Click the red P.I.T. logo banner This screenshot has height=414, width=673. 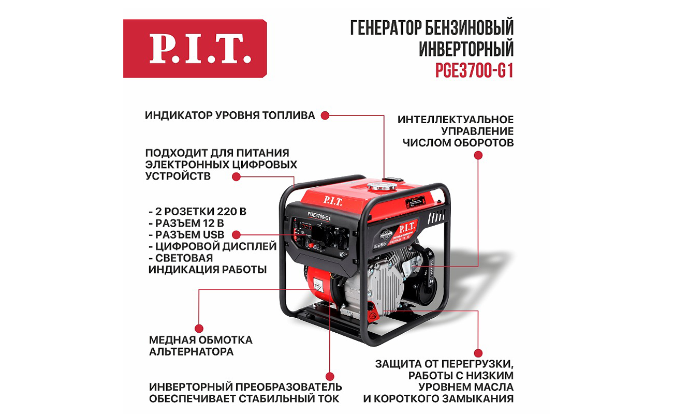click(195, 49)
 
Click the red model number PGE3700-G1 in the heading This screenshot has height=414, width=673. click(474, 71)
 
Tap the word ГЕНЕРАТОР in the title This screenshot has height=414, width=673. click(386, 27)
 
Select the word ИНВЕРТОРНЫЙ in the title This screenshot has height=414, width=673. click(466, 49)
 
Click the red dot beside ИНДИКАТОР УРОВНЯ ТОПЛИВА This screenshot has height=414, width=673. click(325, 115)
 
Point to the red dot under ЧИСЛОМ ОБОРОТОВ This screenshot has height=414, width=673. click(478, 155)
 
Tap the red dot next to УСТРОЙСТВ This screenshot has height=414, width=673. click(236, 176)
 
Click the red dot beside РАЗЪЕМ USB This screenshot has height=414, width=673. click(236, 234)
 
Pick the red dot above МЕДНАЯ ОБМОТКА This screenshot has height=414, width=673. click(199, 329)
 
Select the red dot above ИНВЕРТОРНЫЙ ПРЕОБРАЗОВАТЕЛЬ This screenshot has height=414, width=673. click(330, 376)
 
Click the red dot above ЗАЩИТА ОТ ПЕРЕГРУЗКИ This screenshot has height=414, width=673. click(478, 353)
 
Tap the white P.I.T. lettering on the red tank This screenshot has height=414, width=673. click(332, 201)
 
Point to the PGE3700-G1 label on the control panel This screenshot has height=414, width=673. click(319, 216)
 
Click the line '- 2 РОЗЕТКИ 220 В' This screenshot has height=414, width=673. click(197, 212)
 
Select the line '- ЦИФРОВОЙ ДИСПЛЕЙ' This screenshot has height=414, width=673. click(212, 246)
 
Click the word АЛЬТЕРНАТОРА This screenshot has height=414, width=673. click(192, 351)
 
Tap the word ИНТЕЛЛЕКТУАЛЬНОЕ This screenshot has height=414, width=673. click(456, 120)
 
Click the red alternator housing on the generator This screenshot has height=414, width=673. click(320, 286)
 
